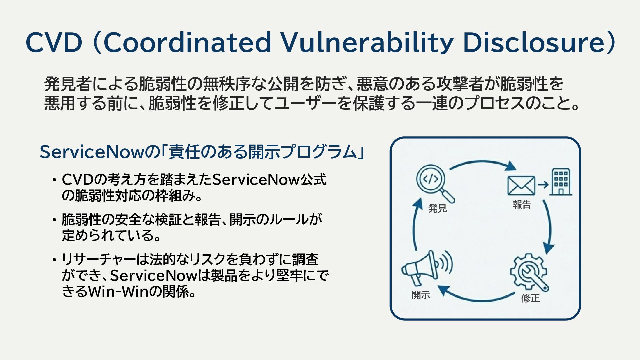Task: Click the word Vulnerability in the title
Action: pos(367,43)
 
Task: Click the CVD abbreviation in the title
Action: pos(54,43)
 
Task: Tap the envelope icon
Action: pos(521,186)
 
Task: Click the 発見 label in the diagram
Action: pos(437,208)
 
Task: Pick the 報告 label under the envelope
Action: pos(522,204)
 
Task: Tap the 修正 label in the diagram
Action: pos(530,298)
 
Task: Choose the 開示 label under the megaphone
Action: pos(421,295)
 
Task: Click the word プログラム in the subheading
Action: pos(318,152)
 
